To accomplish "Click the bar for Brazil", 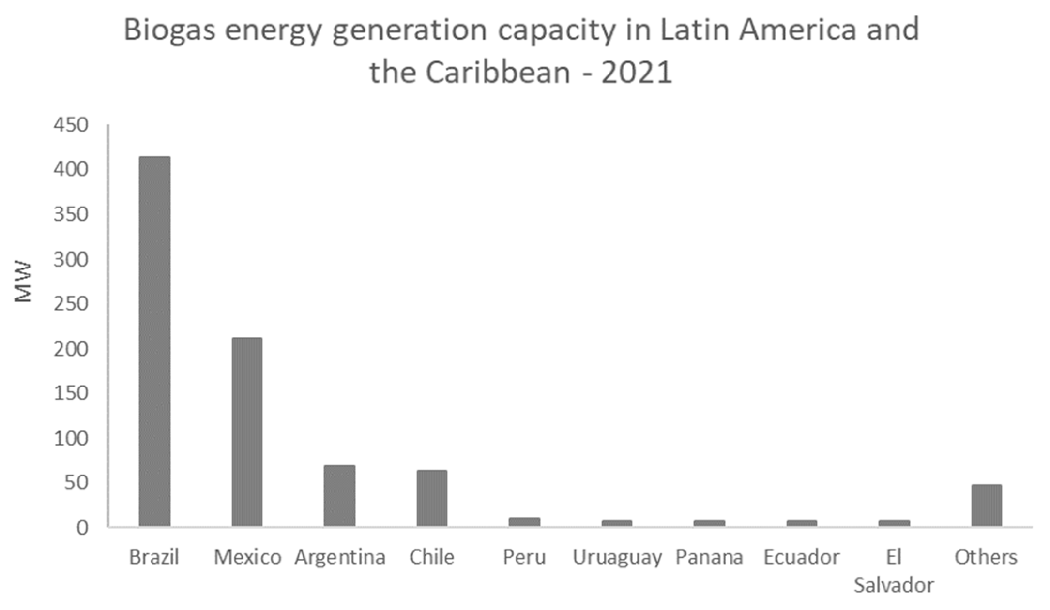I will point(154,341).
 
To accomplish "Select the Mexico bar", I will point(247,431).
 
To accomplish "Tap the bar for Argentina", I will point(339,495).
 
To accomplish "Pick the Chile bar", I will point(432,498).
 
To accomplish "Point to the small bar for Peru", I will point(524,522).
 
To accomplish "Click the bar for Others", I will point(987,505).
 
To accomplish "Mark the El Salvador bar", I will point(894,523).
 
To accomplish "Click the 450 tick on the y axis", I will point(71,126).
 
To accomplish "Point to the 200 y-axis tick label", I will point(71,349).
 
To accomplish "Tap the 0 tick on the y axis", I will point(82,527).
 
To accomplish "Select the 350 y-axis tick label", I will point(71,215).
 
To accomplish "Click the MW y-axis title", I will point(23,282).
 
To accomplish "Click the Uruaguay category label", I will point(617,557).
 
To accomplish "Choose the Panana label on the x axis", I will point(709,557).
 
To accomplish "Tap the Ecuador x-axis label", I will point(802,557).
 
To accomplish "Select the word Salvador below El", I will point(894,585).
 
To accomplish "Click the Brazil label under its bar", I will point(154,557).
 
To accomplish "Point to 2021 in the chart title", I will point(637,73).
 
